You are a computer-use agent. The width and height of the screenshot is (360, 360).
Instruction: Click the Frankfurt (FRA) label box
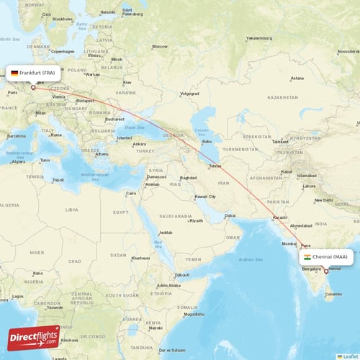[35, 73]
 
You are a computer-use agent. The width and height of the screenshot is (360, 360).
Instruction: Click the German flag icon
[14, 73]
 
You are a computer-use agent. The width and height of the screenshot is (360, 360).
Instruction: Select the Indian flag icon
[307, 256]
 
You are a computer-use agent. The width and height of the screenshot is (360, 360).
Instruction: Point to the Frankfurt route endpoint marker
[32, 87]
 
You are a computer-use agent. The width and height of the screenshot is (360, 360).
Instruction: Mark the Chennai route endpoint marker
[326, 271]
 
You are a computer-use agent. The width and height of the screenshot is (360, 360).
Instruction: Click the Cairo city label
[131, 193]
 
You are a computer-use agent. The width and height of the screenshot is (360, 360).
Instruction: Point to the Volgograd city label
[189, 93]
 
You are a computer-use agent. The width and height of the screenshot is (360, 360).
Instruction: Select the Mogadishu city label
[193, 314]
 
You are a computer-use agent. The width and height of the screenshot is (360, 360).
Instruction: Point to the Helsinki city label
[108, 12]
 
